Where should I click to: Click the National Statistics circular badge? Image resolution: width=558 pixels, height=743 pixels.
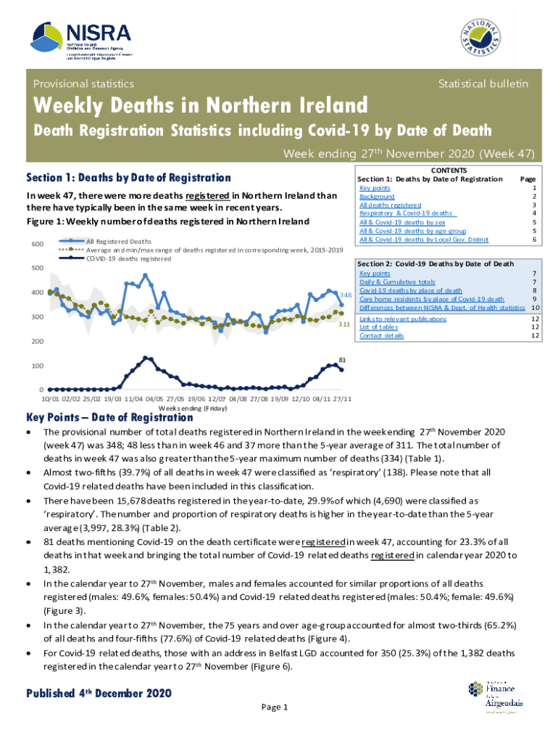click(478, 40)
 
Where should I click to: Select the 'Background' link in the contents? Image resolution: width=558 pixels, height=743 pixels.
click(377, 197)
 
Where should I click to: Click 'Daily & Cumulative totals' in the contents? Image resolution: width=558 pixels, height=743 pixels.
click(397, 282)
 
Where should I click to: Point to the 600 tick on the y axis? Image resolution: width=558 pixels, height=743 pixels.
click(36, 244)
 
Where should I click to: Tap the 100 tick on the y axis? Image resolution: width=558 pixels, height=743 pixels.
click(36, 366)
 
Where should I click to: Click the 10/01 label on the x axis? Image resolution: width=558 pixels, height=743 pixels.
click(50, 399)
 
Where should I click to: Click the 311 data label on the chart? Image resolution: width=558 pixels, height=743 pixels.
click(346, 324)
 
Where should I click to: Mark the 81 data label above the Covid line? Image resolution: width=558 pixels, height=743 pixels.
click(343, 359)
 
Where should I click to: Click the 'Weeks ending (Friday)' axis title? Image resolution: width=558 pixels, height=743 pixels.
click(190, 409)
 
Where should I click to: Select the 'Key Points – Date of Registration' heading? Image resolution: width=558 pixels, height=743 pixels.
click(110, 417)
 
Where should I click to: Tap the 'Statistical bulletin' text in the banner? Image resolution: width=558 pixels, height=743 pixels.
click(483, 84)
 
